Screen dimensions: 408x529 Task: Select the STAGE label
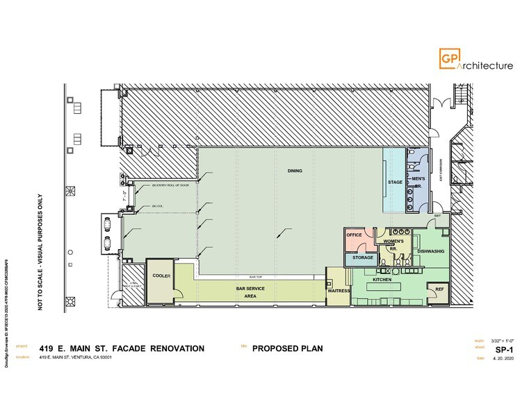395,183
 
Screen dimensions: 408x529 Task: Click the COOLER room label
161,275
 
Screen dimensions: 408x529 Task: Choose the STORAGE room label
362,258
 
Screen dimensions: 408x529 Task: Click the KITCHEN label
382,279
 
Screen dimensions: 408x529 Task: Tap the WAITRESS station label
338,291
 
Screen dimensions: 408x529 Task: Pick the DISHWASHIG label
431,253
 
